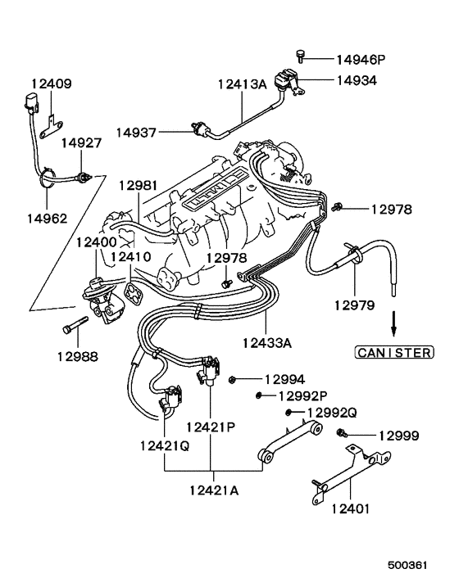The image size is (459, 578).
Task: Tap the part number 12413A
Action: (243, 84)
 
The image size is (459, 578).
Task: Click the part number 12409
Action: (52, 84)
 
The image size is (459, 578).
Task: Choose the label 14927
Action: (82, 142)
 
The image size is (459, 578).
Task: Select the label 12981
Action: (136, 186)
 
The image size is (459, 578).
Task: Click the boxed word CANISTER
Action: (393, 353)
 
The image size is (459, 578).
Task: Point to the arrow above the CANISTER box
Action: (393, 323)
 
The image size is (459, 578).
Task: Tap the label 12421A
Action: (212, 490)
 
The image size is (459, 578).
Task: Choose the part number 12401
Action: (350, 508)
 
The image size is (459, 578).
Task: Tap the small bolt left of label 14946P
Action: (302, 56)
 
